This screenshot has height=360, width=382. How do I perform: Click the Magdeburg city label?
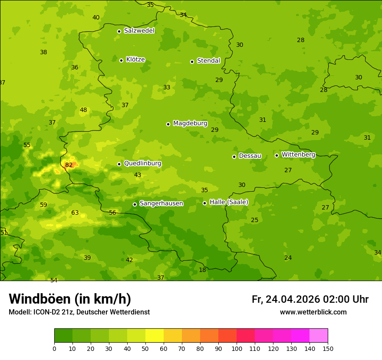tap(190, 124)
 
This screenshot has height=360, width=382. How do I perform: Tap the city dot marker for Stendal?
tap(192, 62)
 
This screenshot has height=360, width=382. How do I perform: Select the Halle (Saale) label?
tap(229, 202)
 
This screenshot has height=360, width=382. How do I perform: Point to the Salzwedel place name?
tap(139, 31)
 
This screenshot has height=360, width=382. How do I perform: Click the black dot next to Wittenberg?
tap(277, 155)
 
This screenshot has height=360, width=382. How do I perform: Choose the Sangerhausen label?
tap(161, 203)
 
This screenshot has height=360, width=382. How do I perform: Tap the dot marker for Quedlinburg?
tap(119, 164)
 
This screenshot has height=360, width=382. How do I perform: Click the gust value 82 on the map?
tap(69, 165)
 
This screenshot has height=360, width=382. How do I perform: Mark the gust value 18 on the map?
tap(202, 270)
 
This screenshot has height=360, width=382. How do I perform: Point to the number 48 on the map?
tap(83, 110)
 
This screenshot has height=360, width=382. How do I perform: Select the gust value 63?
tap(75, 213)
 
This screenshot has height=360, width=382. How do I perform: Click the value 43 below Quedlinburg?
tap(138, 175)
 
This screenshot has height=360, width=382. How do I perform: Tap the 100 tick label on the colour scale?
tap(237, 348)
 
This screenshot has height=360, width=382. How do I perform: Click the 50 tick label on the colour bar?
tap(145, 348)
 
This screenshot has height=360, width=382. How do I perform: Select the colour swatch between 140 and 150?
tap(319, 336)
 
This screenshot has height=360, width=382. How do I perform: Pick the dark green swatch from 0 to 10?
tap(63, 336)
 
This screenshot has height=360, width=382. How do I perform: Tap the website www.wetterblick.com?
tap(313, 312)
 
